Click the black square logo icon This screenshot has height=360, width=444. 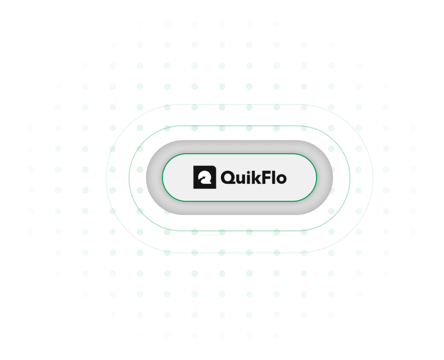click(205, 177)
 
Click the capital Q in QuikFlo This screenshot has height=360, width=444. click(227, 178)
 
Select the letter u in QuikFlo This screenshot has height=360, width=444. click(241, 179)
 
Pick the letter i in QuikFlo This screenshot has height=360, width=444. click(248, 178)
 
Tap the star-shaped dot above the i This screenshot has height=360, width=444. click(248, 172)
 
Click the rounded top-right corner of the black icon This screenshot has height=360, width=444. click(214, 167)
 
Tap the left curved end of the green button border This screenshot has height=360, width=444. click(162, 178)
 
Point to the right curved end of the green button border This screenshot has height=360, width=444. click(316, 178)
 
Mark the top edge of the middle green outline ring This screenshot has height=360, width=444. click(239, 126)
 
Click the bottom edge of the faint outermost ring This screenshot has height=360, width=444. click(239, 252)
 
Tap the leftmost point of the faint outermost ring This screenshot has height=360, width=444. click(106, 178)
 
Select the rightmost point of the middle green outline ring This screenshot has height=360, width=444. click(350, 178)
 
